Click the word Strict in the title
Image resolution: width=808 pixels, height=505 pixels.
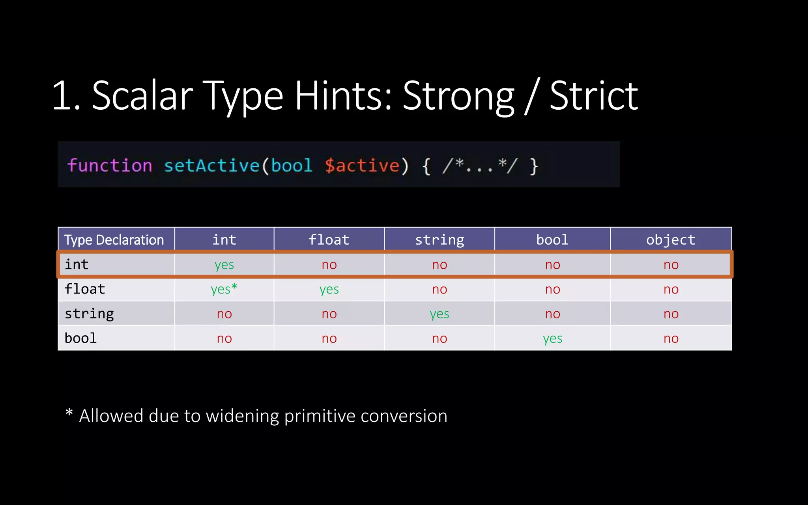tap(593, 96)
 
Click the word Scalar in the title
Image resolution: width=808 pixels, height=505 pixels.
tap(142, 96)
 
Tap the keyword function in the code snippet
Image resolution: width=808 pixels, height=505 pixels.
tap(110, 165)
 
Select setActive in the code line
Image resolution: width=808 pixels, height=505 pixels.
tap(211, 165)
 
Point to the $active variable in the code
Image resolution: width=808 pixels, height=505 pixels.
tap(362, 165)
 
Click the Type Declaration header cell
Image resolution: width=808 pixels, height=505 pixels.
tap(114, 240)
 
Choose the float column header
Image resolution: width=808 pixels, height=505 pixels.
tap(329, 239)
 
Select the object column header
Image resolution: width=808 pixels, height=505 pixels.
tap(671, 239)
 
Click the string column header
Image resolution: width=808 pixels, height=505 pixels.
tap(440, 239)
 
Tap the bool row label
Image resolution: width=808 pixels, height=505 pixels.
tap(80, 338)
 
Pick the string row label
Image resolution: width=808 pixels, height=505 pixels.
tap(89, 314)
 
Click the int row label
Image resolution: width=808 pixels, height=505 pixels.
tap(77, 264)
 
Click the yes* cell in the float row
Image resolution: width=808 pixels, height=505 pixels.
tap(224, 289)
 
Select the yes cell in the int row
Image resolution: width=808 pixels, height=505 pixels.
tap(224, 265)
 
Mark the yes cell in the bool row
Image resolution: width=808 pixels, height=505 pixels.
tap(552, 339)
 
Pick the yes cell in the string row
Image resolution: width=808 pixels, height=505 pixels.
tap(440, 314)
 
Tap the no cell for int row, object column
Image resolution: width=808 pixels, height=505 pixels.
tap(671, 265)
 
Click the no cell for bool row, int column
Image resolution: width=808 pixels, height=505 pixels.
tap(224, 339)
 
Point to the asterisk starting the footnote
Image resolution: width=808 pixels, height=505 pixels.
tap(69, 413)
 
